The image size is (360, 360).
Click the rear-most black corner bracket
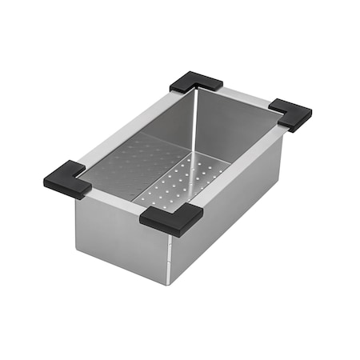pos(196,82)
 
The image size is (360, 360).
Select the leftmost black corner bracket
pos(67,179)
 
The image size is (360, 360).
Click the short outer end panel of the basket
pos(120,232)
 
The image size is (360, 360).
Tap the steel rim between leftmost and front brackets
pos(116,197)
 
